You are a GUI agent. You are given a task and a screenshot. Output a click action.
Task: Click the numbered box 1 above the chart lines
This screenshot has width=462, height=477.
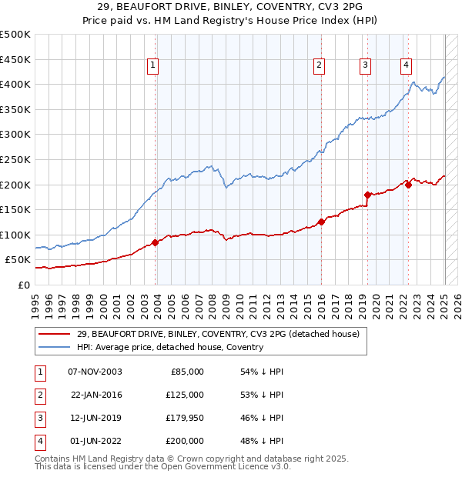click(x=154, y=66)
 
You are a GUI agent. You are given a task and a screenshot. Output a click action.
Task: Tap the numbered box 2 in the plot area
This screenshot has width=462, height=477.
click(x=319, y=66)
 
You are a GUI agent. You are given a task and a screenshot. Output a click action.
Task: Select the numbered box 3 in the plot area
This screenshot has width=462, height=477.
click(x=365, y=66)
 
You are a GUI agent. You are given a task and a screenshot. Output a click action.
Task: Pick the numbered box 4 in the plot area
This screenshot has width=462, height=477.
click(x=405, y=66)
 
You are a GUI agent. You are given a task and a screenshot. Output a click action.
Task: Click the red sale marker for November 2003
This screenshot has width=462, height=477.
click(x=156, y=242)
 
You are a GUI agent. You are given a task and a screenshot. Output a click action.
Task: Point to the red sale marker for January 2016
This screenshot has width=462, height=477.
click(x=321, y=222)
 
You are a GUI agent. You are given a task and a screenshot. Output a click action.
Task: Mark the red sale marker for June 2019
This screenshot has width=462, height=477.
click(x=367, y=195)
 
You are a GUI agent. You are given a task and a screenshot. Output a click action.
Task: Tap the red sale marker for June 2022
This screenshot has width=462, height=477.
click(x=408, y=185)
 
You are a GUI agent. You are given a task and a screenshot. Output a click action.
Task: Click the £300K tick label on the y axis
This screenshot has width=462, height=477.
click(x=15, y=134)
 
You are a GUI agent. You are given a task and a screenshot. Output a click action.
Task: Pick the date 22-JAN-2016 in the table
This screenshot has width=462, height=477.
click(x=95, y=395)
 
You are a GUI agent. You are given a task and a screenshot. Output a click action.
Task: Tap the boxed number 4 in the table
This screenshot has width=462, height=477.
click(x=38, y=441)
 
